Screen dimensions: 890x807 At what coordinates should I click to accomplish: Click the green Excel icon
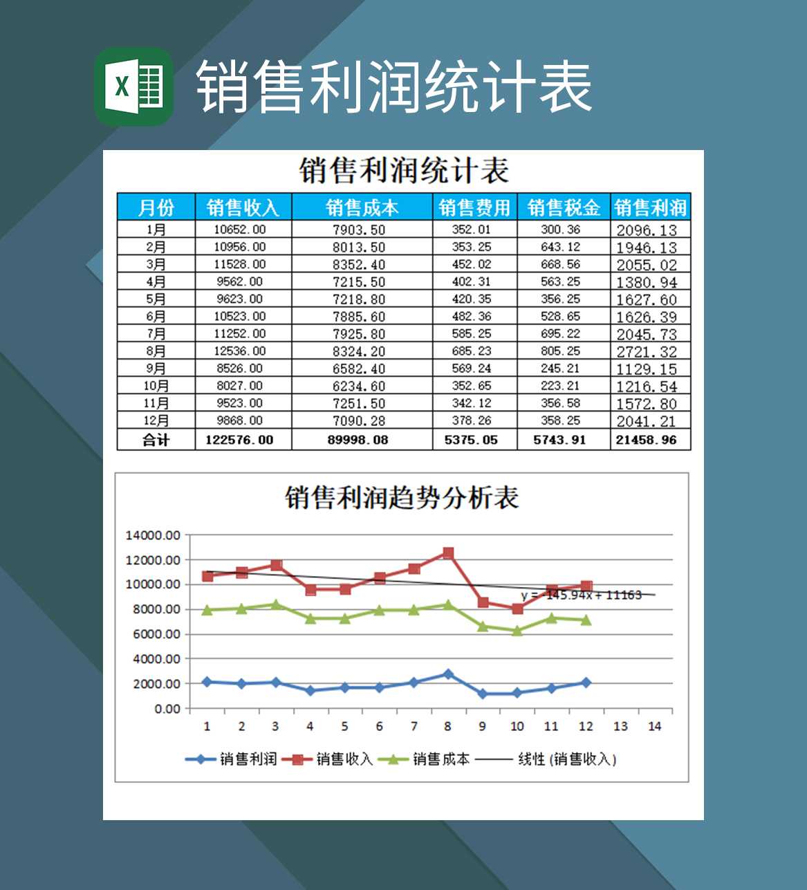[133, 86]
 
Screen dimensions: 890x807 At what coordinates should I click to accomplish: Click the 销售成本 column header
[362, 207]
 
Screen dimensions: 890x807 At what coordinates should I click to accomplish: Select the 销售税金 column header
[563, 207]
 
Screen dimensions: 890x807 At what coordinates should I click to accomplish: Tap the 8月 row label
[156, 351]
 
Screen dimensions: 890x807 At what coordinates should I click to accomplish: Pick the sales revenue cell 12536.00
[239, 351]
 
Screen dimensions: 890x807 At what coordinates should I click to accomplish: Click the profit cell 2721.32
[647, 351]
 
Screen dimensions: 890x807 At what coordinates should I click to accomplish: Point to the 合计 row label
[156, 440]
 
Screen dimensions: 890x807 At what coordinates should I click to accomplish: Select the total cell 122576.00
[239, 440]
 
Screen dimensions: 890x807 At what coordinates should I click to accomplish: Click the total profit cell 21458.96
[647, 440]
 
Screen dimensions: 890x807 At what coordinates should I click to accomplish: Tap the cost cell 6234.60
[359, 386]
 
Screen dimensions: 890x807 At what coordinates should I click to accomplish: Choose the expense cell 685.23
[472, 351]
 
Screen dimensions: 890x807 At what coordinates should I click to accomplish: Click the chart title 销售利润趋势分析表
[402, 497]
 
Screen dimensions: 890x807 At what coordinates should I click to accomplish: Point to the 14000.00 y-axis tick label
[153, 535]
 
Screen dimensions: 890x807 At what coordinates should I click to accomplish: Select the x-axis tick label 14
[654, 726]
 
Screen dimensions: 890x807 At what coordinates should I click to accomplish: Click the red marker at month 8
[448, 553]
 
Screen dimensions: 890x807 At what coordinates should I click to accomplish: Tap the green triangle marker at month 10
[517, 631]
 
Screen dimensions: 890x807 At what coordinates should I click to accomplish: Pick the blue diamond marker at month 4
[310, 691]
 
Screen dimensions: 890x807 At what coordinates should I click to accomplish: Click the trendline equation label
[582, 595]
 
